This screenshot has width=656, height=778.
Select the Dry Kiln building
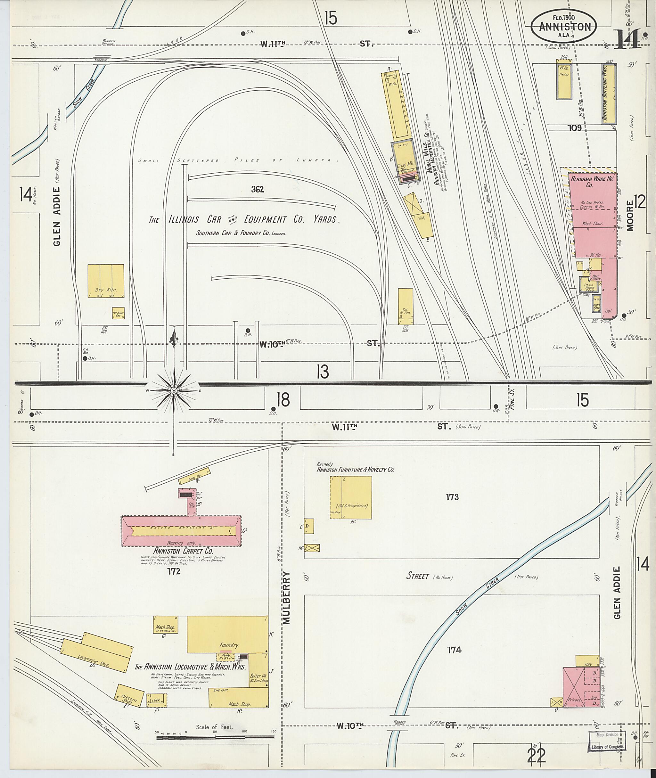coord(106,281)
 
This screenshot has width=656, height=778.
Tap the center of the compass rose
coord(174,391)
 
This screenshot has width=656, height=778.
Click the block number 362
coord(257,190)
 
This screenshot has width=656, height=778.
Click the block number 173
coord(452,497)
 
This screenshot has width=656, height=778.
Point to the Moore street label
coord(630,216)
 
